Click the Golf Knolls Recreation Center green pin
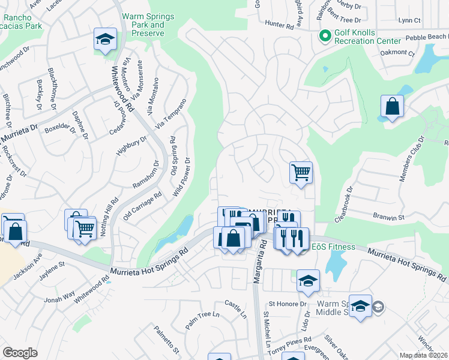325,36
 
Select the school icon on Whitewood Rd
105,40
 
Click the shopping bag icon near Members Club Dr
392,107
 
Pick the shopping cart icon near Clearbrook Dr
301,172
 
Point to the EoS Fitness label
333,247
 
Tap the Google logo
20,353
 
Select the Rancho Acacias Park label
22,22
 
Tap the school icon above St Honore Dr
308,280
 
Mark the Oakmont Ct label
397,53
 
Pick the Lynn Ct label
409,20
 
